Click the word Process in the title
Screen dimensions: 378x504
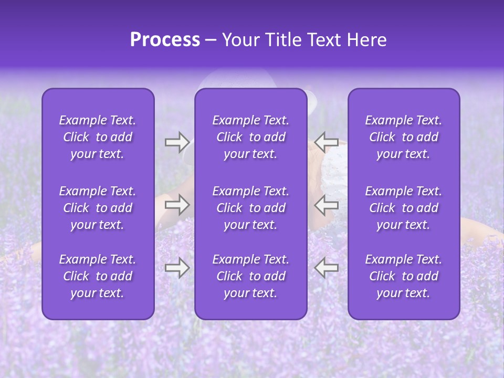click(165, 40)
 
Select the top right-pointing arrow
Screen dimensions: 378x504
click(177, 142)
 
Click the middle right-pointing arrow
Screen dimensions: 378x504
click(177, 205)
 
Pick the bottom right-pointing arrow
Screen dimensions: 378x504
click(177, 268)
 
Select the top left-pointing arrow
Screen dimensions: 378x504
click(327, 142)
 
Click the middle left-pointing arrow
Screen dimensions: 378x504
click(327, 205)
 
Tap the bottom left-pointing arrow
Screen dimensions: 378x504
click(327, 268)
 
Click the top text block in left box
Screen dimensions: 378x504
click(98, 137)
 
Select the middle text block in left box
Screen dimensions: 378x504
click(98, 208)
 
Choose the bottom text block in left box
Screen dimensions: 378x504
click(98, 276)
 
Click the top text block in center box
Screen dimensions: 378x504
click(251, 137)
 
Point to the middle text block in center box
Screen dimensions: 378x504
click(251, 208)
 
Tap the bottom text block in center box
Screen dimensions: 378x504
click(251, 276)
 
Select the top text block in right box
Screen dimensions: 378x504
click(404, 137)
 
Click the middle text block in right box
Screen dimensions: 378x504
click(404, 208)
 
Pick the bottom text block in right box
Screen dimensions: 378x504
click(404, 276)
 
